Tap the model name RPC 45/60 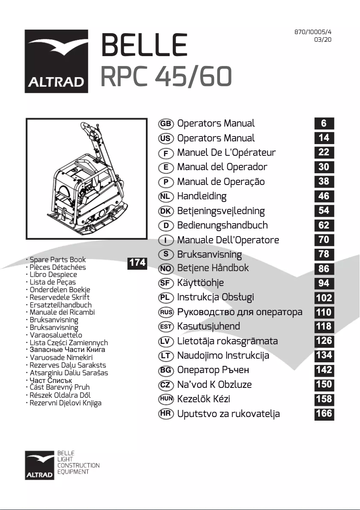166,77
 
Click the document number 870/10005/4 313,32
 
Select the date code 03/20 323,40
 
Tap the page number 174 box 137,263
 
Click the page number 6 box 324,123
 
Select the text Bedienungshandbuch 222,225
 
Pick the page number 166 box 324,413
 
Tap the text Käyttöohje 200,283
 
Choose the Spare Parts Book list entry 57,259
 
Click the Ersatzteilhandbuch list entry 61,305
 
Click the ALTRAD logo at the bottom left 40,465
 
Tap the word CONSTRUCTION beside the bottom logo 79,466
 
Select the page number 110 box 324,312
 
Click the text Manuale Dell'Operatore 228,240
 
